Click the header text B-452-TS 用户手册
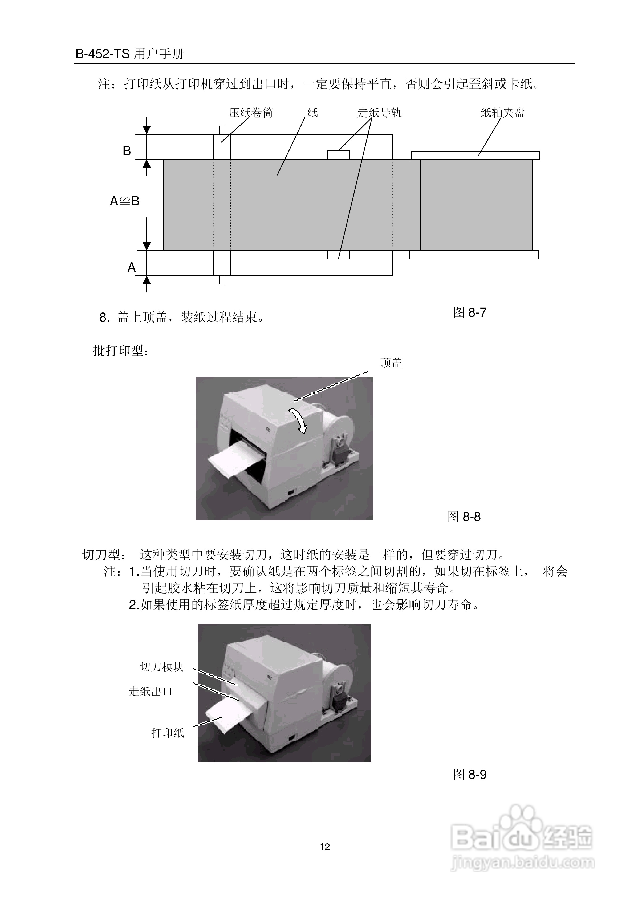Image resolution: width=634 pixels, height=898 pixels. [x=129, y=54]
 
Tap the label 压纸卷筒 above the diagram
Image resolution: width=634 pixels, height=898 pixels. [x=251, y=113]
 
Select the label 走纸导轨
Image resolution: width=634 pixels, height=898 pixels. [x=379, y=113]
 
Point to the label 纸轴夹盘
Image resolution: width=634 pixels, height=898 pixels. [x=502, y=113]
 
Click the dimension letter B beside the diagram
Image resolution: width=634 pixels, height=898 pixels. [x=127, y=151]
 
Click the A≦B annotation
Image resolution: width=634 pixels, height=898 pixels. [x=124, y=201]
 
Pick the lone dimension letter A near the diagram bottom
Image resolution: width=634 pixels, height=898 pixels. [x=131, y=267]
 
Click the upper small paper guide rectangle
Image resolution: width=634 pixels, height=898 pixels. [x=338, y=155]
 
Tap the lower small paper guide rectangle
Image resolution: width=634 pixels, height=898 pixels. [x=338, y=255]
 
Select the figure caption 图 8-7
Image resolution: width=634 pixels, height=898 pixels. [x=469, y=312]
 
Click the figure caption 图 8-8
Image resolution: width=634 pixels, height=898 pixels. [x=464, y=517]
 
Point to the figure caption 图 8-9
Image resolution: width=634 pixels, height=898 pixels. [x=469, y=774]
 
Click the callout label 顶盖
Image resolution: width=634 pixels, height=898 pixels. [x=391, y=363]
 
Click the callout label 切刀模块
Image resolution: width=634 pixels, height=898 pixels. [x=162, y=667]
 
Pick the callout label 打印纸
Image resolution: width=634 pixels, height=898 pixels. [x=167, y=733]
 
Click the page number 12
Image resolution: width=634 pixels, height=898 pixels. [x=325, y=847]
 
